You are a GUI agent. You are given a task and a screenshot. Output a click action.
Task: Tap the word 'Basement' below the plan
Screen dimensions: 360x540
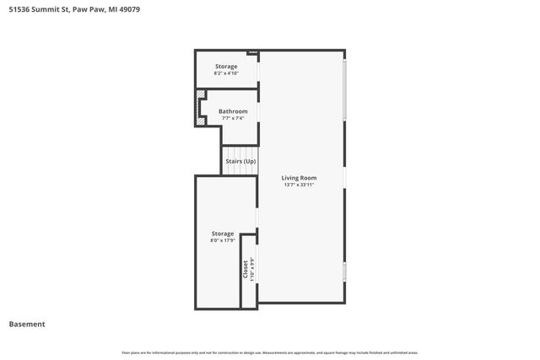tap(27, 324)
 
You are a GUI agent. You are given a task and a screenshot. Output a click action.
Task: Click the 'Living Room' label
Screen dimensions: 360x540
tap(299, 177)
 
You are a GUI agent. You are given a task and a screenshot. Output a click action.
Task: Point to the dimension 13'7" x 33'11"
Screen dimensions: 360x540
tap(299, 185)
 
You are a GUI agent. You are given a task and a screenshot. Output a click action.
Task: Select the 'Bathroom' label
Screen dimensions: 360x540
tap(233, 111)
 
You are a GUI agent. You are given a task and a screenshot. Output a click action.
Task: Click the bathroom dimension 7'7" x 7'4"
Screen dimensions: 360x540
tap(233, 118)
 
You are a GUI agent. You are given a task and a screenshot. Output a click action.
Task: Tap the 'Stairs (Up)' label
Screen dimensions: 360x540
tap(240, 161)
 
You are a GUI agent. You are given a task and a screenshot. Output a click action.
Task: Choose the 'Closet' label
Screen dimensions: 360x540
tap(246, 270)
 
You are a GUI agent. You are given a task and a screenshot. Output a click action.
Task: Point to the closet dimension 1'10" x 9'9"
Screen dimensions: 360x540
tap(251, 270)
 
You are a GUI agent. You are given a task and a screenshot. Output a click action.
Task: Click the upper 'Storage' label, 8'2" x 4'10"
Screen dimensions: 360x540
tap(225, 66)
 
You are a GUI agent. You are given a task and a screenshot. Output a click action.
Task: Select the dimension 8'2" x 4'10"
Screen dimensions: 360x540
tap(225, 73)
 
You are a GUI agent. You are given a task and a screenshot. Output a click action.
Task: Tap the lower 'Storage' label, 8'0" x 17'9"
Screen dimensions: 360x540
tap(223, 234)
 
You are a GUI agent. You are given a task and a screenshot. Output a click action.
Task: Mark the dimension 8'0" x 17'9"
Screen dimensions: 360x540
tap(223, 241)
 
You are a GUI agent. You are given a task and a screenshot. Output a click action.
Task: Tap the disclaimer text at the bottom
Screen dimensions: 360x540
tap(270, 352)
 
